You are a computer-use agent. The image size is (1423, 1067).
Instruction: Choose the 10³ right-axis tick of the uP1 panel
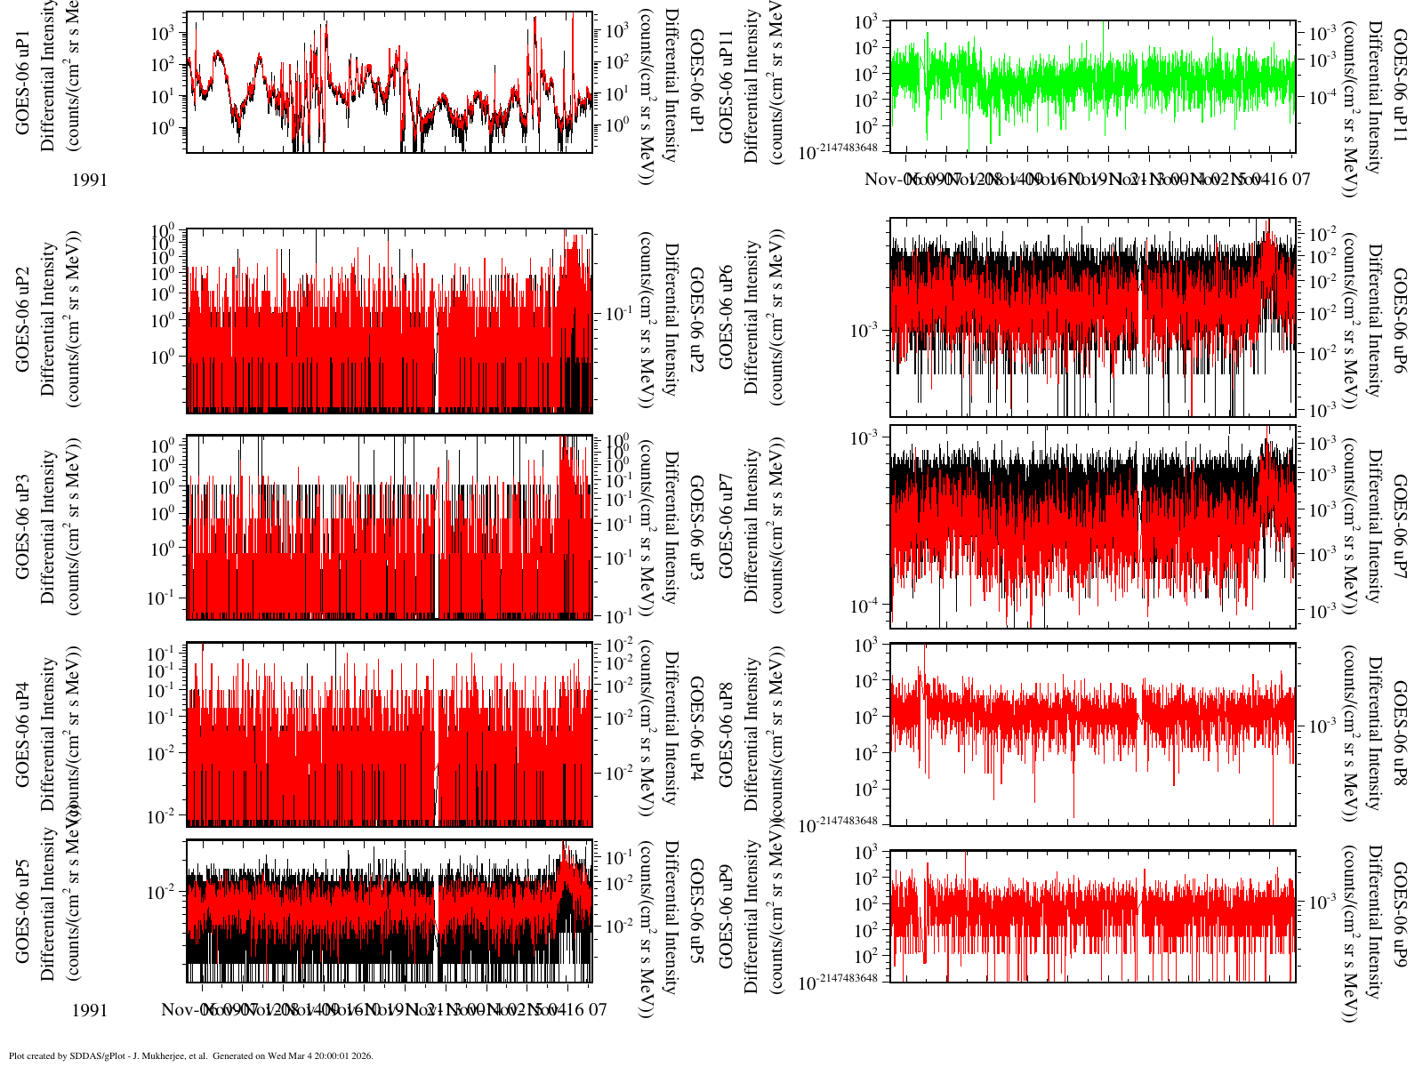point(618,32)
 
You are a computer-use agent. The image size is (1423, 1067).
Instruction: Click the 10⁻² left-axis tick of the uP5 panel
point(165,892)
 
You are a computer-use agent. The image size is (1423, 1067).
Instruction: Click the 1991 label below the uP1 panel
point(90,180)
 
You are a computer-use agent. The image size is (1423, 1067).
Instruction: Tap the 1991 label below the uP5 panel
point(90,1010)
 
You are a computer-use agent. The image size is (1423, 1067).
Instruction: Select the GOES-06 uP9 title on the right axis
point(1400,916)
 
